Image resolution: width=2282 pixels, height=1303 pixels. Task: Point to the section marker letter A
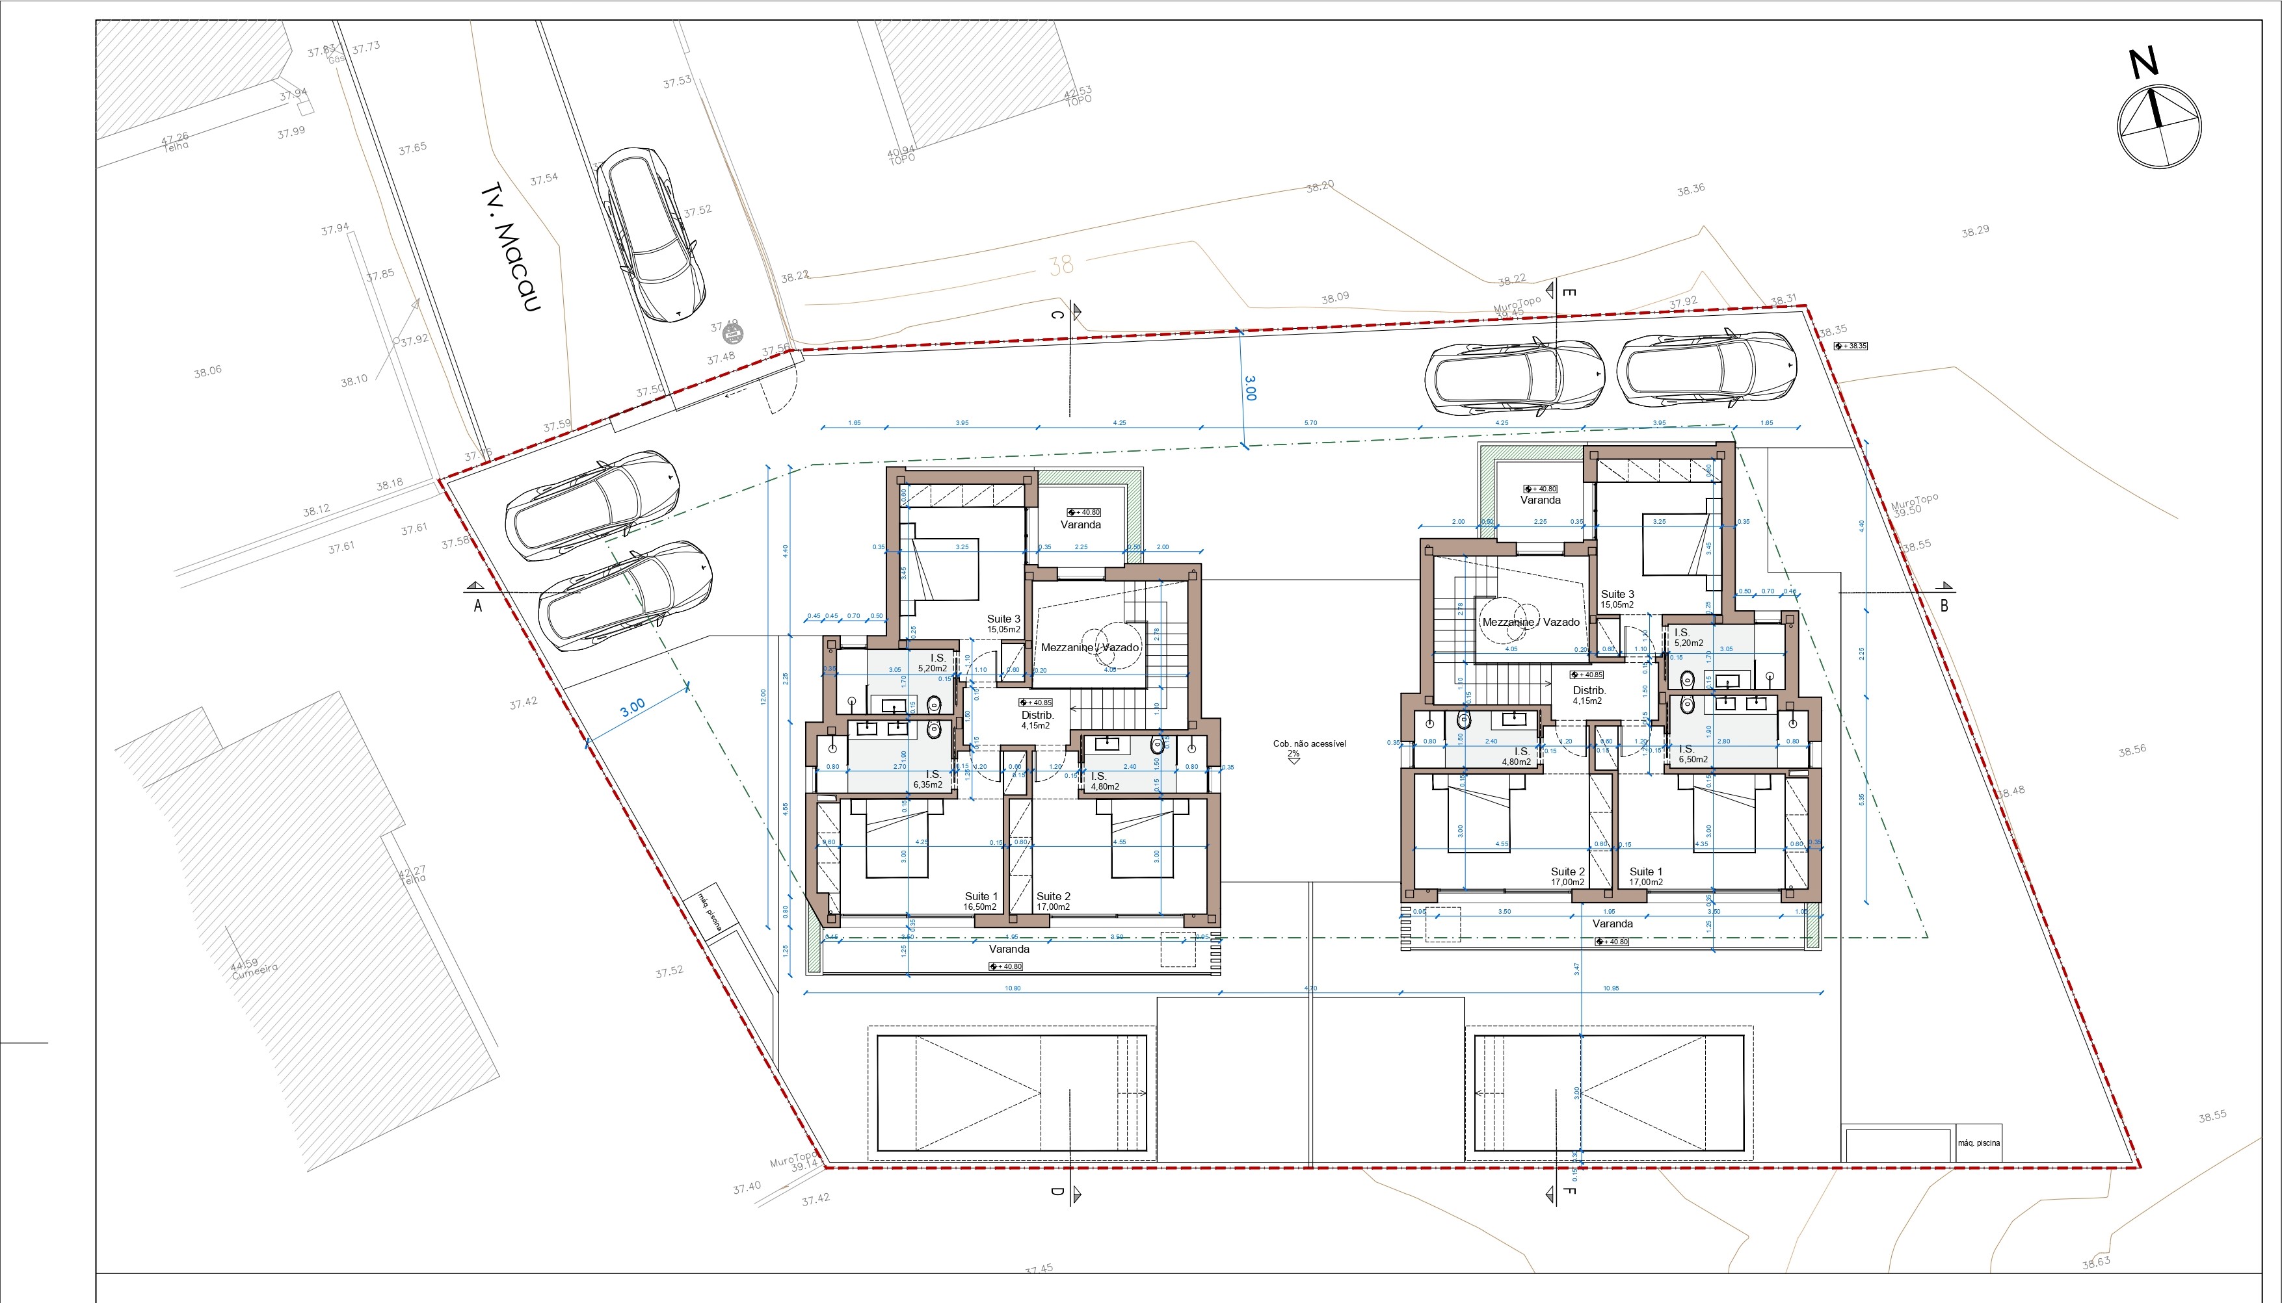coord(478,606)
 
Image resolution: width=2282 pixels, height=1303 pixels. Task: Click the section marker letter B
coord(1944,606)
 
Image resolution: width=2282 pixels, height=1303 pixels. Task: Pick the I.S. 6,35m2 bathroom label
coord(929,779)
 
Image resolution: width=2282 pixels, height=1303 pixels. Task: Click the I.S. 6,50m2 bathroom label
coord(1691,755)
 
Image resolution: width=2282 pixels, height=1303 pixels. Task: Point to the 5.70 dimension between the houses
coord(1310,422)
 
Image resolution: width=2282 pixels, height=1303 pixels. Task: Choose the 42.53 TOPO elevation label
coord(1078,96)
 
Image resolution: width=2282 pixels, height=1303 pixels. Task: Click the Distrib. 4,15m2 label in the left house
coord(1037,719)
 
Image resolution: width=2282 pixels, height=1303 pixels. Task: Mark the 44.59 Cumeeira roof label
coord(254,968)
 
